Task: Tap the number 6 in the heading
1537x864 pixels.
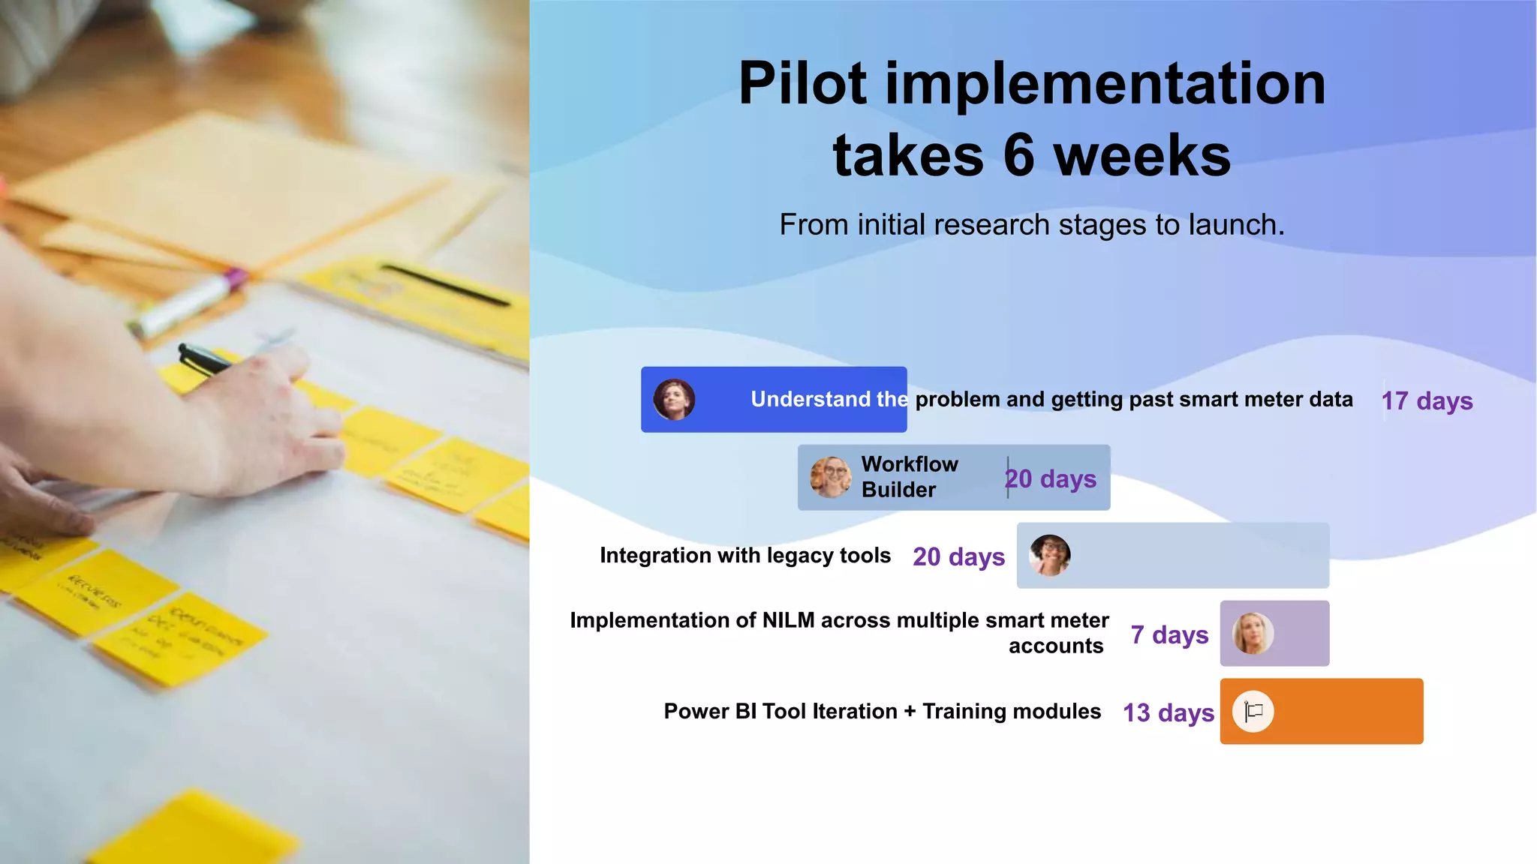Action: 1019,156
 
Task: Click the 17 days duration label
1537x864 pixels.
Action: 1427,400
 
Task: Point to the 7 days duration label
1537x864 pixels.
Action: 1169,634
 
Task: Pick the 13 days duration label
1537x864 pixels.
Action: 1168,712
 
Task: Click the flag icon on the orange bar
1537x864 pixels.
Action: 1253,711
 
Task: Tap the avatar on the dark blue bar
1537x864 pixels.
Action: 674,399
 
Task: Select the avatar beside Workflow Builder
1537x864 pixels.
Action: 831,477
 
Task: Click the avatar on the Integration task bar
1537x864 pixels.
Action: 1049,555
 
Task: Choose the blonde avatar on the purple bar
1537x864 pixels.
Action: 1253,633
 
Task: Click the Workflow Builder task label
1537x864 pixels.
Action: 909,477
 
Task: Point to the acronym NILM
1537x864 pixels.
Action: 788,621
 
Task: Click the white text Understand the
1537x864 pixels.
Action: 829,399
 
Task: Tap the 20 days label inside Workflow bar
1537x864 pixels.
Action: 1051,478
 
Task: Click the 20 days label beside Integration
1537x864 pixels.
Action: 958,556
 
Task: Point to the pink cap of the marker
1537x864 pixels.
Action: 233,280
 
